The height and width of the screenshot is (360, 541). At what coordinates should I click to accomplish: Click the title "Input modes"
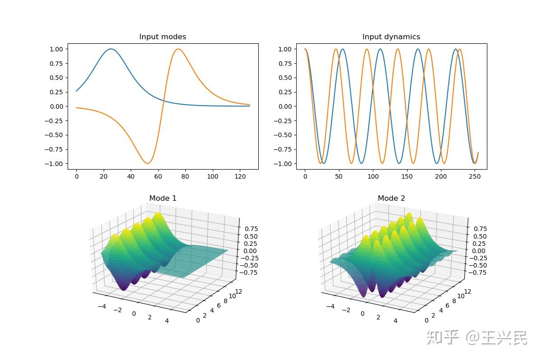pos(162,37)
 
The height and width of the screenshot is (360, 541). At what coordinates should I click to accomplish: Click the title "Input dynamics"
pos(391,37)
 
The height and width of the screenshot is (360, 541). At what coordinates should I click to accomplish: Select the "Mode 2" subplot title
pos(391,198)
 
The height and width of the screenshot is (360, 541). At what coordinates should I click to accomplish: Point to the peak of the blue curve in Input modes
pos(111,49)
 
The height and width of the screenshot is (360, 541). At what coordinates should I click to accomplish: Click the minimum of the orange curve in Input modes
pos(147,163)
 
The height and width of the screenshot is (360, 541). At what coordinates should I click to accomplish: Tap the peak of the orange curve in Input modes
pos(179,49)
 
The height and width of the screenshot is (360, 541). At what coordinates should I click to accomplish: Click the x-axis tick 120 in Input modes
pos(239,177)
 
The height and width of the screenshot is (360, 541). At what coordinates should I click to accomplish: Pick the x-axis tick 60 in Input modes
pos(158,177)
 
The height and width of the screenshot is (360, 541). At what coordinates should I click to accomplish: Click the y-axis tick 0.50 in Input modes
pos(57,78)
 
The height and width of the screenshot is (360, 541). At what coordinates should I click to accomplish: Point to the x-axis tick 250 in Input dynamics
pos(474,177)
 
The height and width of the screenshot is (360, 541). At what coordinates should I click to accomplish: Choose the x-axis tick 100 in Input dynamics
pos(373,177)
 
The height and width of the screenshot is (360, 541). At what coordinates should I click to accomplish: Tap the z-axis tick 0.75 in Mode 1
pos(251,229)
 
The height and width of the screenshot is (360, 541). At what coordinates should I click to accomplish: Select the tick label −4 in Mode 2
pos(330,305)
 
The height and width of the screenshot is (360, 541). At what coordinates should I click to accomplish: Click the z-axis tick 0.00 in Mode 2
pos(479,251)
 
